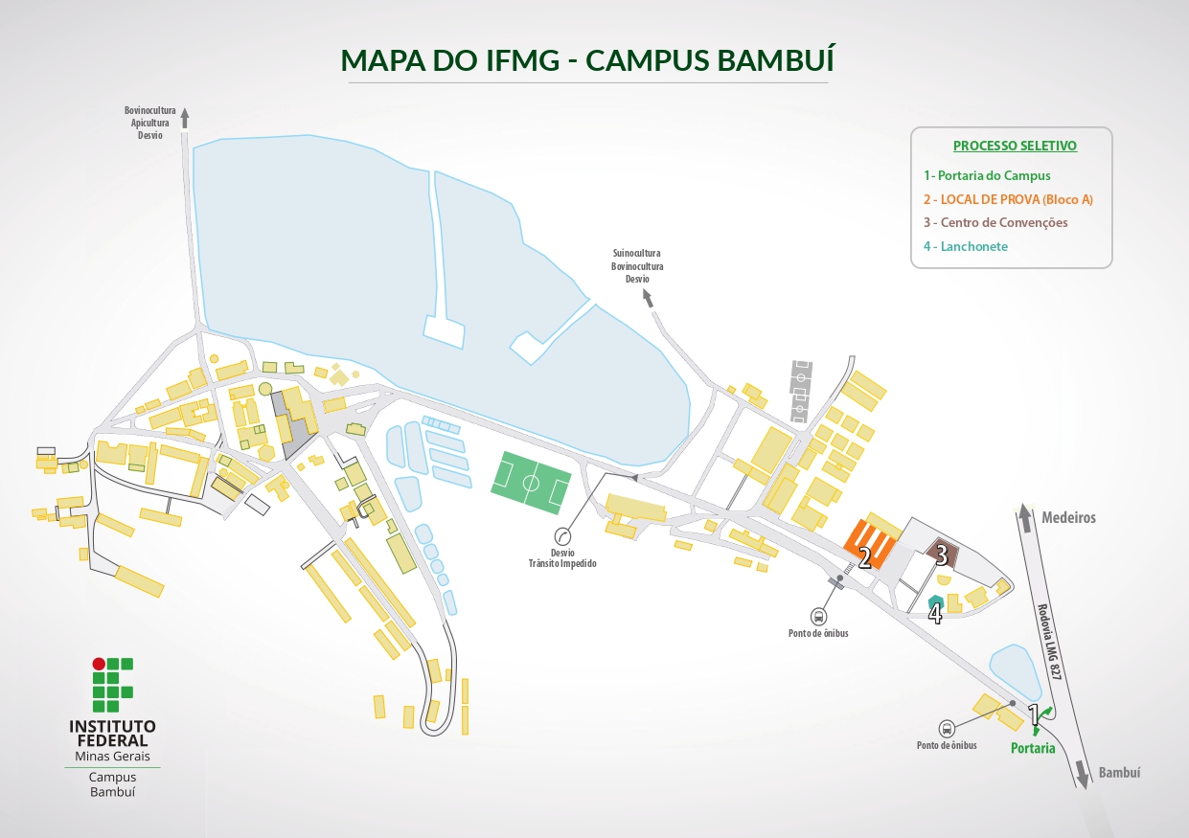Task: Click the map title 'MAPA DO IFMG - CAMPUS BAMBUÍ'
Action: [587, 59]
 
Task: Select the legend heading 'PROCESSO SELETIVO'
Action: [1015, 146]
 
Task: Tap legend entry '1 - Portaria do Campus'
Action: [987, 175]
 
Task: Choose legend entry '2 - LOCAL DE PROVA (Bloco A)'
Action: [1008, 199]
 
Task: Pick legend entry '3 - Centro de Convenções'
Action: [995, 222]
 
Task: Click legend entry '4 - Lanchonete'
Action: [966, 246]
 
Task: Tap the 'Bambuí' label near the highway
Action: [1119, 773]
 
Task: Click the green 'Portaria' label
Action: [1033, 748]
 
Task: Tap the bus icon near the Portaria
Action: [947, 727]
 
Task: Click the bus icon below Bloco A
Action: [819, 617]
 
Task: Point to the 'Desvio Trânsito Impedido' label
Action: [563, 558]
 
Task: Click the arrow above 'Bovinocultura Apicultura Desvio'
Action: [185, 118]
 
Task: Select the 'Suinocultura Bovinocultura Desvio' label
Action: [637, 266]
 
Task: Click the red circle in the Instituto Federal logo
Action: [98, 664]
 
